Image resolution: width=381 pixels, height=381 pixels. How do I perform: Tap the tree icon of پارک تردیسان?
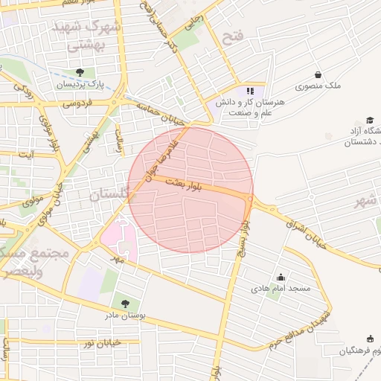click(80, 72)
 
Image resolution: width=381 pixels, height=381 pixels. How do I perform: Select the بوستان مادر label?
click(124, 316)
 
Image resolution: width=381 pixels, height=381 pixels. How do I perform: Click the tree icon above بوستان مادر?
click(124, 304)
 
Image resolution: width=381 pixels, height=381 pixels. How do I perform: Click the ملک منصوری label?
click(318, 86)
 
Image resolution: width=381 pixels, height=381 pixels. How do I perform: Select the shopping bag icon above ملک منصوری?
click(318, 74)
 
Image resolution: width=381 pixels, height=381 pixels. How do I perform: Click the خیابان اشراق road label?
click(305, 227)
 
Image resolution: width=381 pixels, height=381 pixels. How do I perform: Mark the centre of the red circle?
click(190, 190)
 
